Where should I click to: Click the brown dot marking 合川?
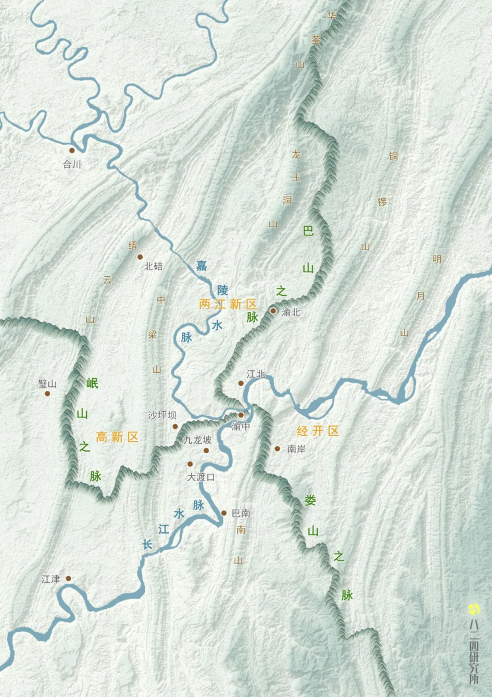tap(72, 151)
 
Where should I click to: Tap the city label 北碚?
tap(153, 265)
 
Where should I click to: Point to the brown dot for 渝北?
tap(273, 311)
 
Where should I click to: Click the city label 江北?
tap(256, 374)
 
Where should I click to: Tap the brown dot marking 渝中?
tap(241, 415)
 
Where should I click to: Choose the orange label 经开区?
tap(318, 431)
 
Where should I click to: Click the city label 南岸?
tap(297, 449)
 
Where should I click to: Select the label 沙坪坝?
tap(162, 415)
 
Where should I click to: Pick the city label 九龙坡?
tap(198, 440)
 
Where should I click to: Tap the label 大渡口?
tap(201, 477)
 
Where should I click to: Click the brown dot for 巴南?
tap(224, 513)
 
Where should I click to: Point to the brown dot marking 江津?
tap(68, 578)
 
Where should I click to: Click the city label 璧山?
tap(48, 383)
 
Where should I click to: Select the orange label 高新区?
tap(117, 437)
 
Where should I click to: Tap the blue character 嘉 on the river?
tap(201, 265)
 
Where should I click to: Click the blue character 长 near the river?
tap(147, 544)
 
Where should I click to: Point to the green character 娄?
tap(310, 500)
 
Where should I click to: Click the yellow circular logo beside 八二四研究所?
tap(473, 609)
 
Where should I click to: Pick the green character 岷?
tap(92, 383)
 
